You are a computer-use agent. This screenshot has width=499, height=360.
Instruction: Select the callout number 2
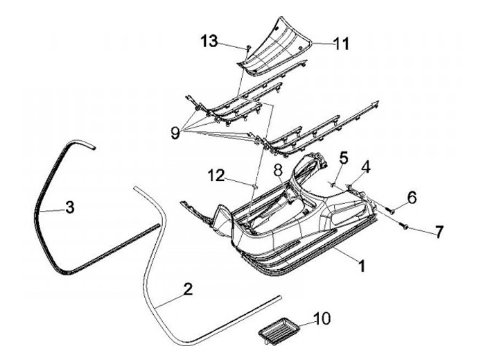pos(187,290)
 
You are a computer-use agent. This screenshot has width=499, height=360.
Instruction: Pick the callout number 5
pos(343,157)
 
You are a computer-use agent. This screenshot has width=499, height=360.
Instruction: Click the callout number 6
pos(412,197)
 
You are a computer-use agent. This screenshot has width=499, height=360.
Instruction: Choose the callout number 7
pos(438,232)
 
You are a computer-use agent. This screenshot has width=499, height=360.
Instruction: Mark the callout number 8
pos(277,169)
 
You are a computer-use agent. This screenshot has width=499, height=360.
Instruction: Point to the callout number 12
pos(216,176)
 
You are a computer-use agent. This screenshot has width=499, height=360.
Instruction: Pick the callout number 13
pos(209,41)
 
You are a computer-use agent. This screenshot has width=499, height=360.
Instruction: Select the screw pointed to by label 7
pos(402,224)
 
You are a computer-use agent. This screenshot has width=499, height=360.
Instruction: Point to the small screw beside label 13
pos(246,48)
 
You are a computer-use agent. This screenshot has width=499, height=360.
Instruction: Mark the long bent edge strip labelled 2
pos(148,271)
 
